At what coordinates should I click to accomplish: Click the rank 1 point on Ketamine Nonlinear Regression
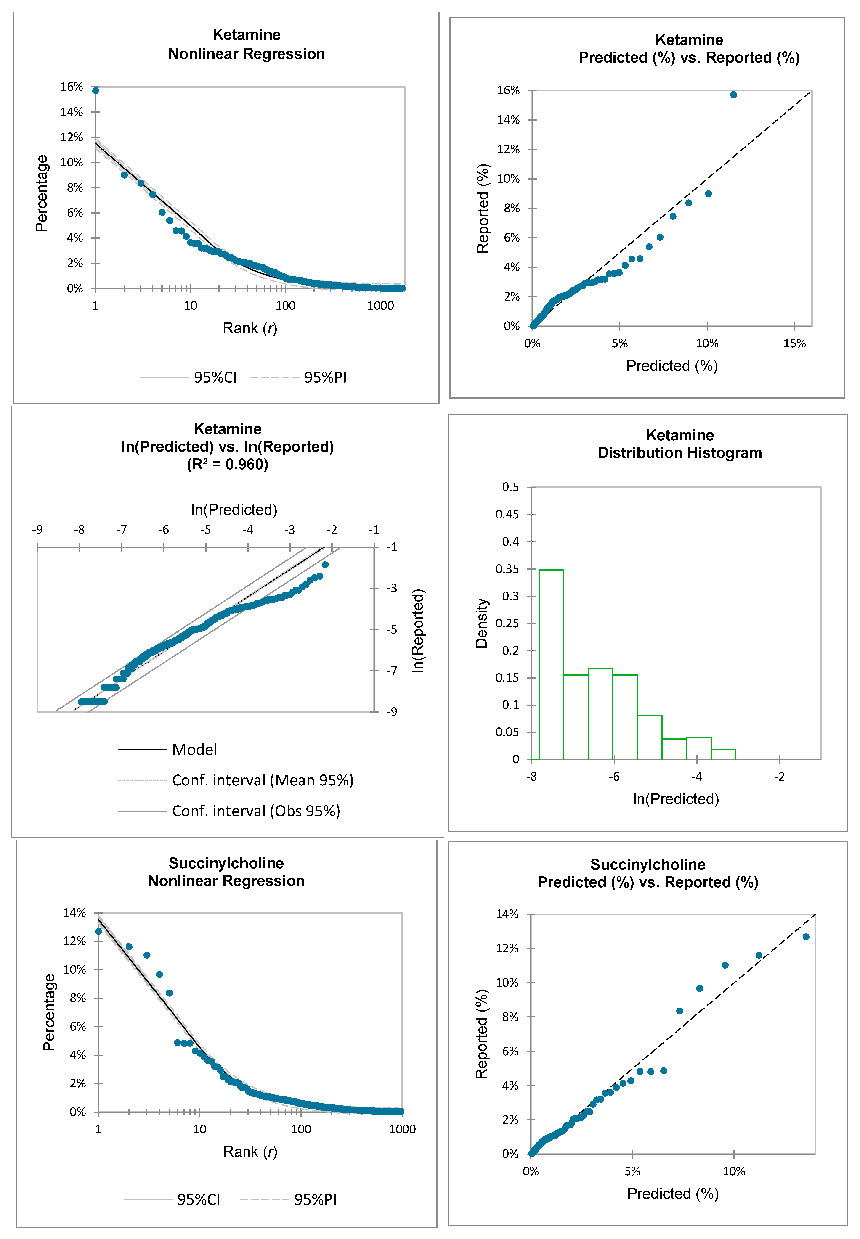95,90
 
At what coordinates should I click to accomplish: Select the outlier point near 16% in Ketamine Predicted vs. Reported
733,95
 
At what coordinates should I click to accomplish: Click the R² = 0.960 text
227,464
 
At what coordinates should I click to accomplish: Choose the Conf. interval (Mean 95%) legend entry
263,780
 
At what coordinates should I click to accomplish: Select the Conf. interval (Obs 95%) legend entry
256,811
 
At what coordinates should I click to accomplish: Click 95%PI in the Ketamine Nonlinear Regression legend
325,378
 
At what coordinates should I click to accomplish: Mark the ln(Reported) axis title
418,630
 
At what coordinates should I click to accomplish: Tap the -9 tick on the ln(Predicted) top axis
37,530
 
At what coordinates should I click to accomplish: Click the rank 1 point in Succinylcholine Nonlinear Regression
98,932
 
